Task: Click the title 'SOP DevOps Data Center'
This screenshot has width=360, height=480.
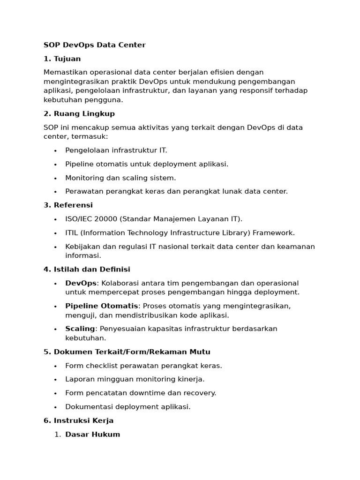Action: point(94,45)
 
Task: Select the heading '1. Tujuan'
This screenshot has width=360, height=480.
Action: point(62,59)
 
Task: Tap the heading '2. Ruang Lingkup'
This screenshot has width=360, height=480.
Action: point(79,113)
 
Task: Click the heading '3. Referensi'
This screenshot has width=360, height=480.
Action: point(68,205)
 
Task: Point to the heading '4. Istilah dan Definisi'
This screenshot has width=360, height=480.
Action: point(87,269)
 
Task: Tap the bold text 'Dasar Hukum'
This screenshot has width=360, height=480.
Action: point(92,434)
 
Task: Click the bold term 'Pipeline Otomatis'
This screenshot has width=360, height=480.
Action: point(102,306)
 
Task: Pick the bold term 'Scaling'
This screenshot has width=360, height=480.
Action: point(80,329)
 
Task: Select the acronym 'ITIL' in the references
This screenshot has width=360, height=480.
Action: point(72,232)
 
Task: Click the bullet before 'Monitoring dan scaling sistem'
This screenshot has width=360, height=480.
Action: point(55,178)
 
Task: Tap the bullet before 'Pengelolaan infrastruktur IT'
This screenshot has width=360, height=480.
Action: point(55,150)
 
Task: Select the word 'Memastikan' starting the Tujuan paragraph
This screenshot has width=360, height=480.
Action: point(64,72)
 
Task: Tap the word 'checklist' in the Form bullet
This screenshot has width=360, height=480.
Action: point(101,366)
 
